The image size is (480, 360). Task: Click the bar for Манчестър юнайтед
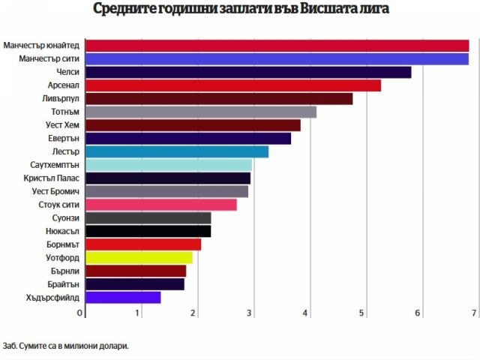277,46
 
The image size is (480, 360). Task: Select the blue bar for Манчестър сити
277,59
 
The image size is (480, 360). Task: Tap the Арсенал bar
233,85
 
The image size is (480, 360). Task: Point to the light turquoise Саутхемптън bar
169,165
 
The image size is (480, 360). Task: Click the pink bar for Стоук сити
161,205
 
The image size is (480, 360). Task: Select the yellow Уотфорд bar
139,257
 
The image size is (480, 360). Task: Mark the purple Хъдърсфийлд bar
123,297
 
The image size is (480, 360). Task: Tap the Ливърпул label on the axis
61,99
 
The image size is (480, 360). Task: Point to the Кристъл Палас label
53,178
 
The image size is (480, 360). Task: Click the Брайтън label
63,284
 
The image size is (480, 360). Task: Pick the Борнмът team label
61,244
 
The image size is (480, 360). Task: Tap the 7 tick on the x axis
474,313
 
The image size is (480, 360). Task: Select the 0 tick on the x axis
80,313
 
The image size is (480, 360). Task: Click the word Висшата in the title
307,10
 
